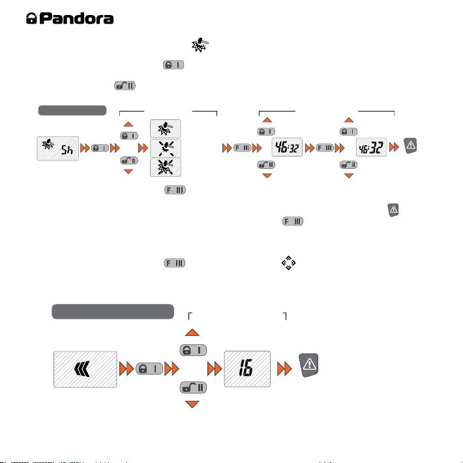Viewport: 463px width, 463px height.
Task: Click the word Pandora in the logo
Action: coord(76,19)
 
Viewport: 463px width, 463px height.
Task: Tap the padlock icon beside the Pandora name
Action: coord(31,19)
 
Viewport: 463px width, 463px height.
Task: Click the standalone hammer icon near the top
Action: coord(200,45)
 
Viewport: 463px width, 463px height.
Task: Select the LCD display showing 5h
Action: coord(58,149)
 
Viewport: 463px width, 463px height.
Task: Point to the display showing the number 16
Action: coord(247,369)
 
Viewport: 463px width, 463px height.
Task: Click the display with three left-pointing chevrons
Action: coord(85,369)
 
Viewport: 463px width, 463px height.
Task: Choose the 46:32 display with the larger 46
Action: coord(287,147)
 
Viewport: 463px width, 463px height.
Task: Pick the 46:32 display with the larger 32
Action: coord(371,147)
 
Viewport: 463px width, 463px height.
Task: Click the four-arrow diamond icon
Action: coord(288,263)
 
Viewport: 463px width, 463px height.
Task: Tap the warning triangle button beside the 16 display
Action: coord(308,365)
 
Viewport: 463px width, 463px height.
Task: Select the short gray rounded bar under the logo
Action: coord(72,110)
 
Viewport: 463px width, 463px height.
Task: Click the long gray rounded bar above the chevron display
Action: coord(113,312)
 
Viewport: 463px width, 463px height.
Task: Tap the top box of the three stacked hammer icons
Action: coord(166,128)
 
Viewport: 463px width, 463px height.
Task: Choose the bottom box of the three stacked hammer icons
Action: coord(166,167)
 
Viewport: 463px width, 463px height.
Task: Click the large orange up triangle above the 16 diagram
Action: coord(192,333)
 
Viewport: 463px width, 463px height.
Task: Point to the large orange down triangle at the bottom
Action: coord(192,404)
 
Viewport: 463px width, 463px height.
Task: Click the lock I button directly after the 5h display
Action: coord(100,148)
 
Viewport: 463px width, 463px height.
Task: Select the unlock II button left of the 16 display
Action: coord(193,387)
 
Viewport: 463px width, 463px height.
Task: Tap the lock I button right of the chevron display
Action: coord(149,369)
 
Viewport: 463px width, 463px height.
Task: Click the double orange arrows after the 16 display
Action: coord(285,369)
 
